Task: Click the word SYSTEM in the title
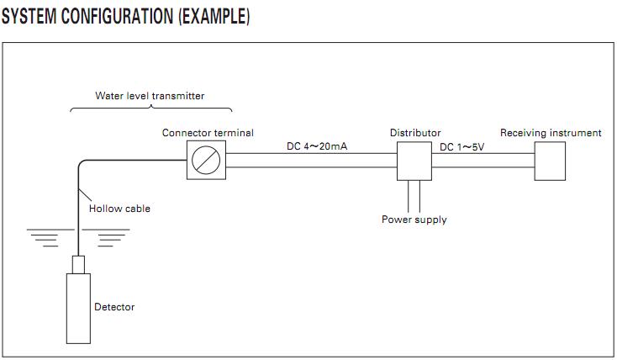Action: (29, 16)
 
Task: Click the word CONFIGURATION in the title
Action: (117, 16)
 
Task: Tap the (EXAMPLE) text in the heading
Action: (214, 17)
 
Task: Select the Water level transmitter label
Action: (150, 96)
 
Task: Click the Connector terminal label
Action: (208, 133)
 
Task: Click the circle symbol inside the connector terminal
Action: (206, 160)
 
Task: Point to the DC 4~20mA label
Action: (317, 146)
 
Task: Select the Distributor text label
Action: (415, 133)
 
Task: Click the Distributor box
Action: (414, 161)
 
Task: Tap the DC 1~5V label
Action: (462, 147)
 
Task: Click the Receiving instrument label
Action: (551, 133)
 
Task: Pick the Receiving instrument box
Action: (550, 161)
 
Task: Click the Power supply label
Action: (414, 220)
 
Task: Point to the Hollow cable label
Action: (119, 209)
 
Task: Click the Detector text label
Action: (114, 307)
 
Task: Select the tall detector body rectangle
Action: (78, 309)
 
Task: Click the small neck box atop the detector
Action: (78, 265)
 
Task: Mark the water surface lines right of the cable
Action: (106, 237)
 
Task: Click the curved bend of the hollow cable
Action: (81, 162)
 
